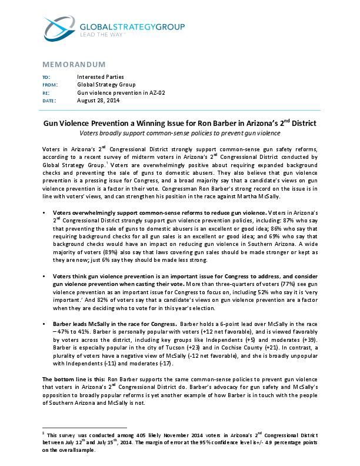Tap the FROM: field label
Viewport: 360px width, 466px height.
point(50,85)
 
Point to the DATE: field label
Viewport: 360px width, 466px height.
point(49,100)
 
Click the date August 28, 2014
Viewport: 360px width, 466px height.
point(98,100)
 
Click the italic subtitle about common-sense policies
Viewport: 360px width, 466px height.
point(179,133)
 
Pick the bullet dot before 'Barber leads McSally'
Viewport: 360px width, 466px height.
point(45,324)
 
